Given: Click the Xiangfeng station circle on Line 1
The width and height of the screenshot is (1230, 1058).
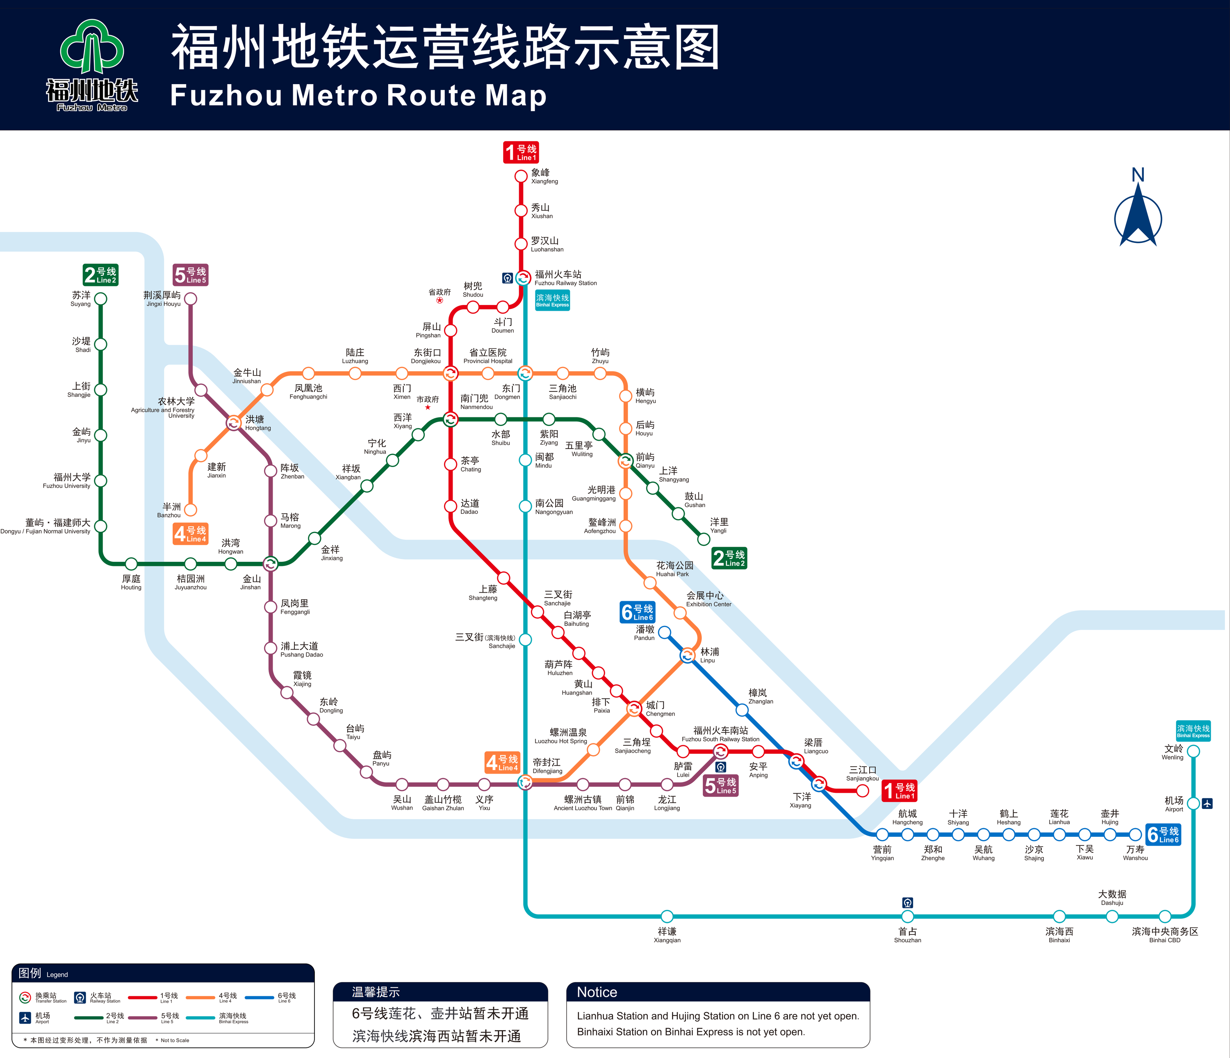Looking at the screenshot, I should [521, 176].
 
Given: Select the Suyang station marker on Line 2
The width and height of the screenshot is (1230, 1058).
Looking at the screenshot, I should [101, 298].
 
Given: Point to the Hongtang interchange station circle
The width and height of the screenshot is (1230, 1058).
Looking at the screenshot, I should [234, 422].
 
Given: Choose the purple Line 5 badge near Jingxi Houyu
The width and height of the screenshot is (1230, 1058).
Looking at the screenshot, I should [190, 275].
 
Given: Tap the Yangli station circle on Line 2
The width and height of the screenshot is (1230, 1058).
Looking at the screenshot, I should [704, 539].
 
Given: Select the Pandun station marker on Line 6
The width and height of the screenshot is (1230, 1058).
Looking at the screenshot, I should [665, 632].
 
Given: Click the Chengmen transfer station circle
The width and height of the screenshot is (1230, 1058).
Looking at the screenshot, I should [634, 708].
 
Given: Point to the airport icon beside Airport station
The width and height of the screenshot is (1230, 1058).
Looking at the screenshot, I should [1207, 803].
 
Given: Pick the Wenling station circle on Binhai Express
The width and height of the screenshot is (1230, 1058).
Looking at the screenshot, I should [1193, 751].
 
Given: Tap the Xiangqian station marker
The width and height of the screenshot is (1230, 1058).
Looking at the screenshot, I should [667, 916].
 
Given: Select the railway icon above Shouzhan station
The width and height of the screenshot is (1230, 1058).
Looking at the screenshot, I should [907, 902].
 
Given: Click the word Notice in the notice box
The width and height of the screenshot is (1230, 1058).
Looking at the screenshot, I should [597, 992].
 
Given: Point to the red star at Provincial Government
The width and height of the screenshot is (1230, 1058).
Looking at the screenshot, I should [439, 300].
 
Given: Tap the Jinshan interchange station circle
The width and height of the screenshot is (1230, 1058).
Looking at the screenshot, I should [271, 563].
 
